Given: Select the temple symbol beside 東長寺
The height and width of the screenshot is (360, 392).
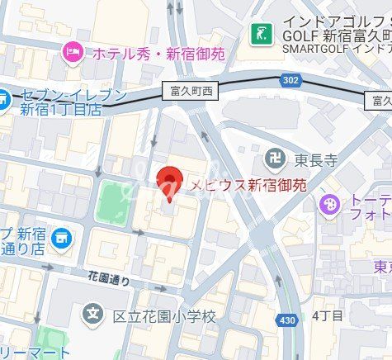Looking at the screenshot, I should coord(272,158).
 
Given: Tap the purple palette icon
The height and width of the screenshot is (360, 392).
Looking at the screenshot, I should coord(329,203).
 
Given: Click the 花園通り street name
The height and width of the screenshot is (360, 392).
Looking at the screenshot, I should coord(109,277).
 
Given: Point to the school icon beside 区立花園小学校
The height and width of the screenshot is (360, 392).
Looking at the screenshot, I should coord(92,315).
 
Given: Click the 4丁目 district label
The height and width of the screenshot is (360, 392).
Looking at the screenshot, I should coord(328,315).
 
